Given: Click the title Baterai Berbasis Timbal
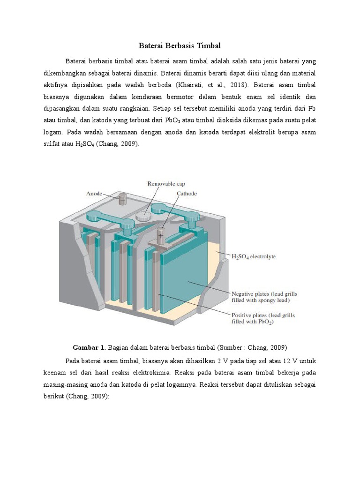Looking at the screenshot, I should [180, 46].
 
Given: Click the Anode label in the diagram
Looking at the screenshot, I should [94, 193].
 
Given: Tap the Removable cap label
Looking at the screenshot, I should [163, 184].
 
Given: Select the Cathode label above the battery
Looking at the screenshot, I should [187, 193].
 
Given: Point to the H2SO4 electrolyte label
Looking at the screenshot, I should [254, 256].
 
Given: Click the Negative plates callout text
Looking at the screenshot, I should [264, 297].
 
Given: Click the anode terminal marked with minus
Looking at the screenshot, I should [122, 200].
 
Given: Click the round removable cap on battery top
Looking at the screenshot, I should [144, 216].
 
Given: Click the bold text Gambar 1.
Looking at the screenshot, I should [90, 347].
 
